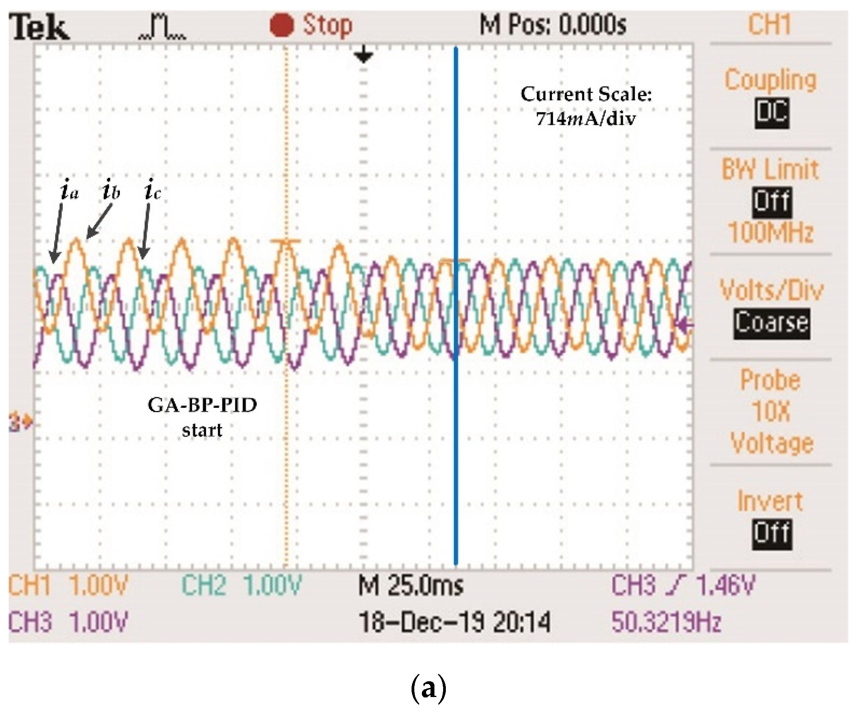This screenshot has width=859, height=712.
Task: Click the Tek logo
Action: point(39,27)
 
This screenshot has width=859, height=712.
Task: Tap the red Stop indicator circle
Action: point(282,25)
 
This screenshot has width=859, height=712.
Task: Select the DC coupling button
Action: point(771,112)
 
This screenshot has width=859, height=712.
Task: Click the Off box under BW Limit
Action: point(772,202)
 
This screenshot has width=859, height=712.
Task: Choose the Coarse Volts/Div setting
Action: point(771,323)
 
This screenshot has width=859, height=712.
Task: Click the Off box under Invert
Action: point(772,534)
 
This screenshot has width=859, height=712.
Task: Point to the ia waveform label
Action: point(69,190)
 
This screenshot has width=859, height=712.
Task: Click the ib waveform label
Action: point(111,190)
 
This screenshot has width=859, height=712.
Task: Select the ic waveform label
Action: point(152,190)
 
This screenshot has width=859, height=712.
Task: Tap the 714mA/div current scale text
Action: point(586,119)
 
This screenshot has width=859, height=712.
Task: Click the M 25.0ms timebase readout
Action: point(411,586)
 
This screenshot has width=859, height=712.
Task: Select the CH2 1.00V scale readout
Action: point(241,585)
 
